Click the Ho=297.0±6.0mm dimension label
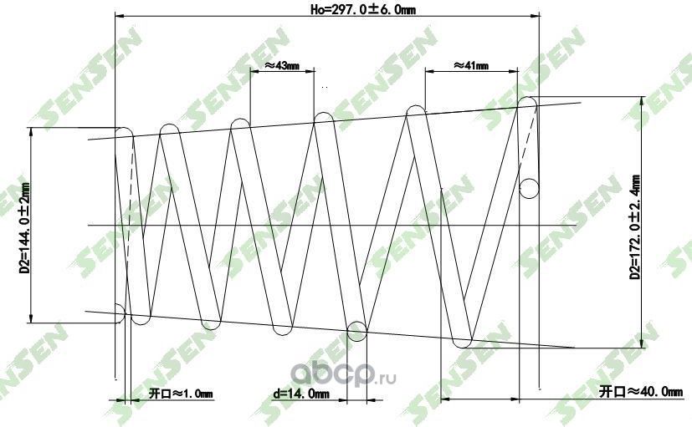coord(363,9)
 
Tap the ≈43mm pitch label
coord(282,65)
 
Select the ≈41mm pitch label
coord(471,65)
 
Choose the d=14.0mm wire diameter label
coord(301,392)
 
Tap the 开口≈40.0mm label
coord(635,391)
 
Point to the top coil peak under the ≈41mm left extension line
coord(417,112)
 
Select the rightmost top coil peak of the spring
coord(527,104)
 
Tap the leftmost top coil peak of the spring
coord(124,132)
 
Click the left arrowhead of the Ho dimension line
coord(118,15)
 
